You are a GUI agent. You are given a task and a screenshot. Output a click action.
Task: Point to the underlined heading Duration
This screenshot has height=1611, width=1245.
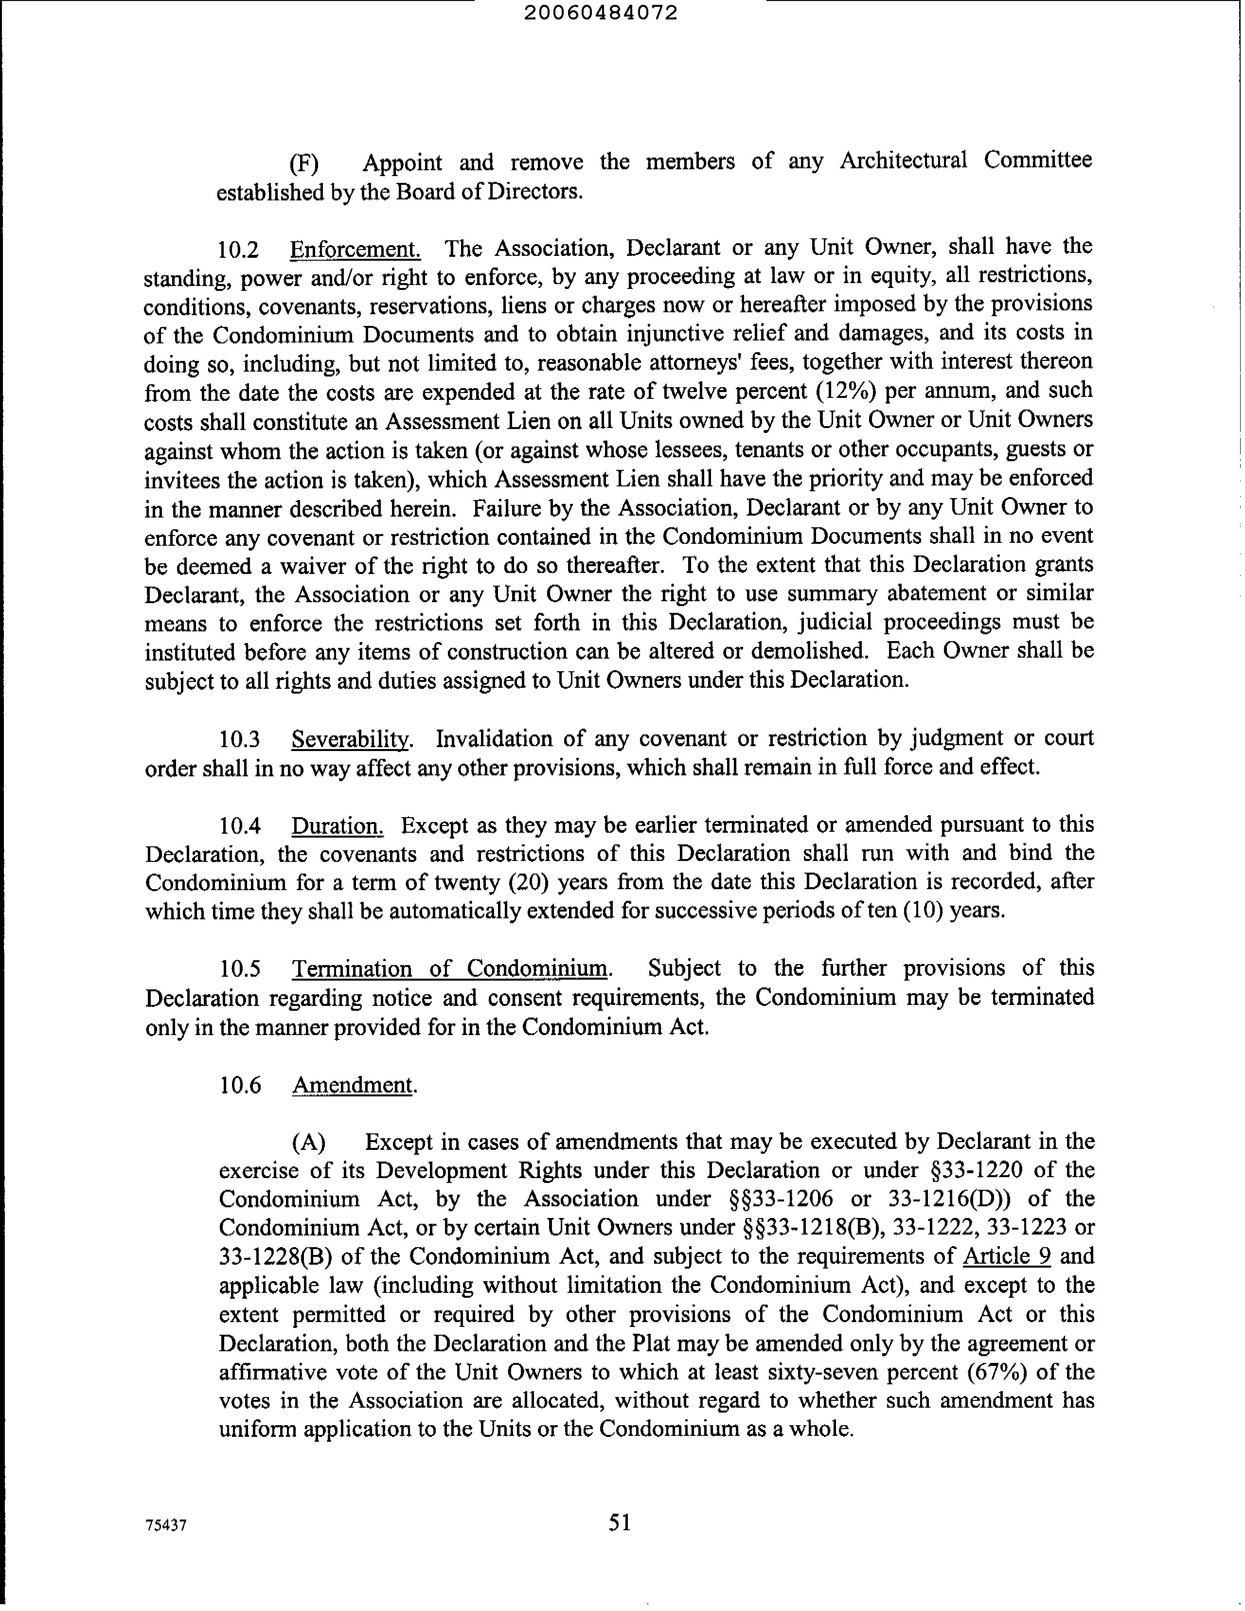point(337,825)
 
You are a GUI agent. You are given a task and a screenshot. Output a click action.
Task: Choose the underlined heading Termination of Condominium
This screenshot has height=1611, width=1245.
point(451,968)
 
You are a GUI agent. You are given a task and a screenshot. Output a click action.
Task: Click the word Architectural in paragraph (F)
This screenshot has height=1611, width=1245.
point(903,161)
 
